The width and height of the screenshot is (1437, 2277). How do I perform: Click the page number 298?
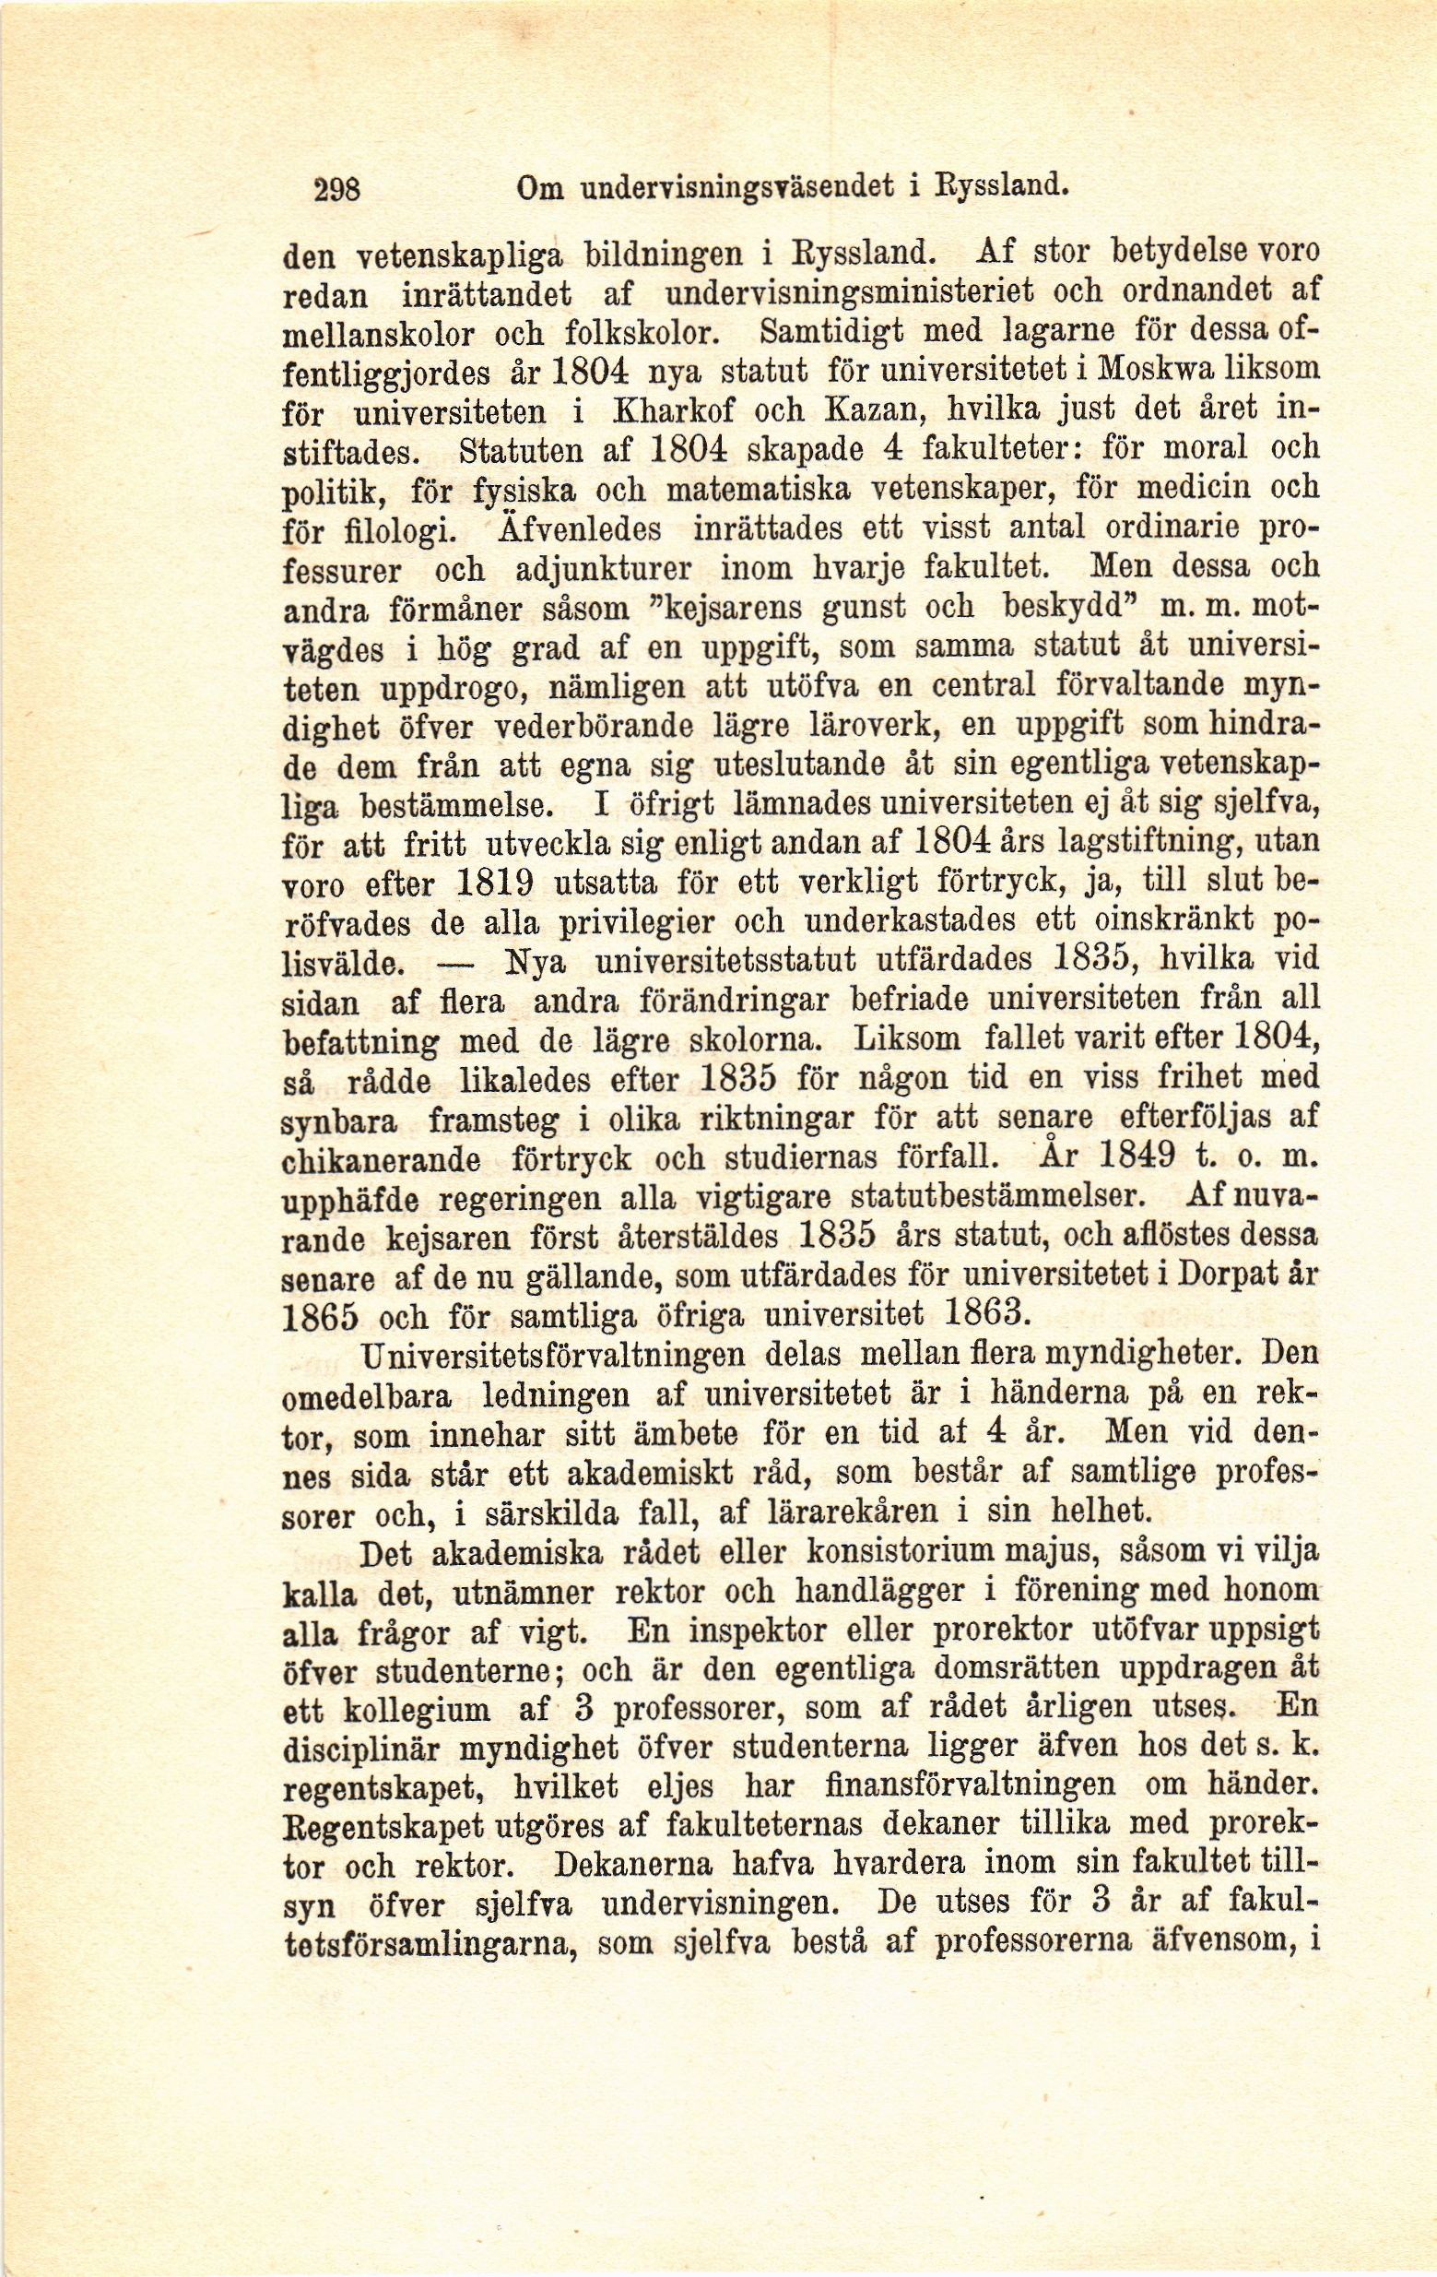click(337, 189)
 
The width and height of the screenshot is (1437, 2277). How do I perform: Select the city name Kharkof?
click(674, 411)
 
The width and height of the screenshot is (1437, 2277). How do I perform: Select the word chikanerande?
click(382, 1160)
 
